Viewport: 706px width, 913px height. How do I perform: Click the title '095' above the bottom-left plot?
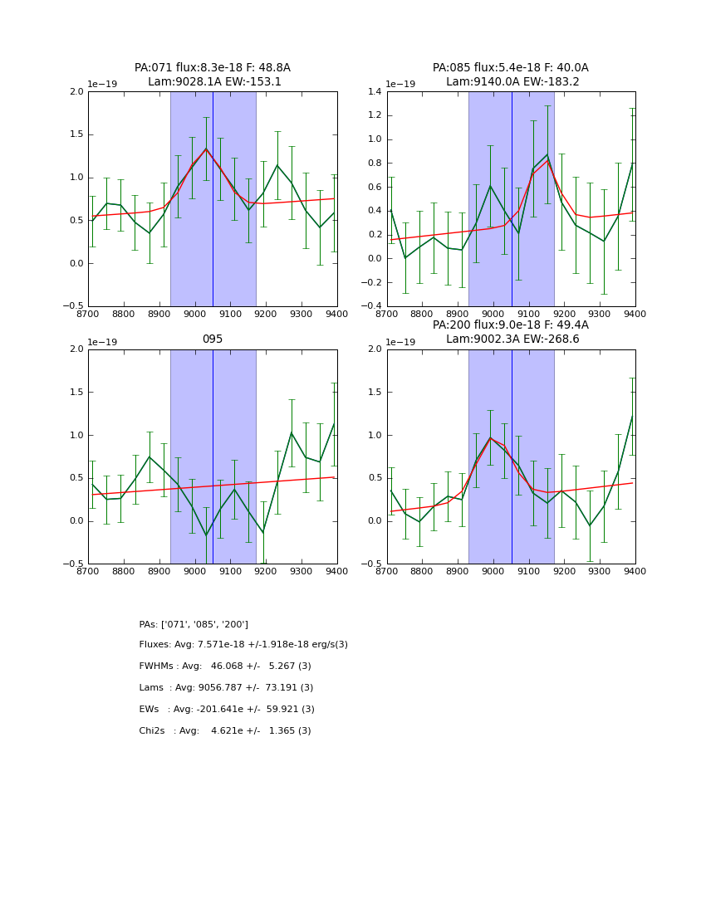(213, 339)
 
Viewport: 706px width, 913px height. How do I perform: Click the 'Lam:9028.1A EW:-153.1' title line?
(214, 82)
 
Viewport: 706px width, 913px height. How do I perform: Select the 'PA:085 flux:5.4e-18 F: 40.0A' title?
(510, 68)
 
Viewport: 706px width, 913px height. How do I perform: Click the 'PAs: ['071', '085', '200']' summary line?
(194, 624)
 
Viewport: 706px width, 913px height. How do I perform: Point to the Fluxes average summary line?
(243, 645)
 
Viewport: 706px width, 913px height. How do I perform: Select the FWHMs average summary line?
(225, 666)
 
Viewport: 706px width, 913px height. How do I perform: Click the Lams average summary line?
(226, 688)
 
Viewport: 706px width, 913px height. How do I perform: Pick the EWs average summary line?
(227, 710)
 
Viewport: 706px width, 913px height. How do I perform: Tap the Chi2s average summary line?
(225, 731)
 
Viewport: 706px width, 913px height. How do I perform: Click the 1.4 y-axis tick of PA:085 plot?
(375, 91)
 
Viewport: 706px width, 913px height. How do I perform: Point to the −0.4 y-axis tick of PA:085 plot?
(372, 306)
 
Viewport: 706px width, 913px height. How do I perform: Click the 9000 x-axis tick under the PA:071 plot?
(194, 315)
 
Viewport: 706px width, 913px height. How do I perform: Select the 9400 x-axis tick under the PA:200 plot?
(635, 572)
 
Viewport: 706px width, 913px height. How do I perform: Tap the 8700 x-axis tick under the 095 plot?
(88, 572)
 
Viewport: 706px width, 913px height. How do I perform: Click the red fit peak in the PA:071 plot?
(206, 149)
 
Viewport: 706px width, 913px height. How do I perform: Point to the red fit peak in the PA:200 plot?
(490, 437)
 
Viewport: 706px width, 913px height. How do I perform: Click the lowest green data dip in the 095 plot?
(206, 535)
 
